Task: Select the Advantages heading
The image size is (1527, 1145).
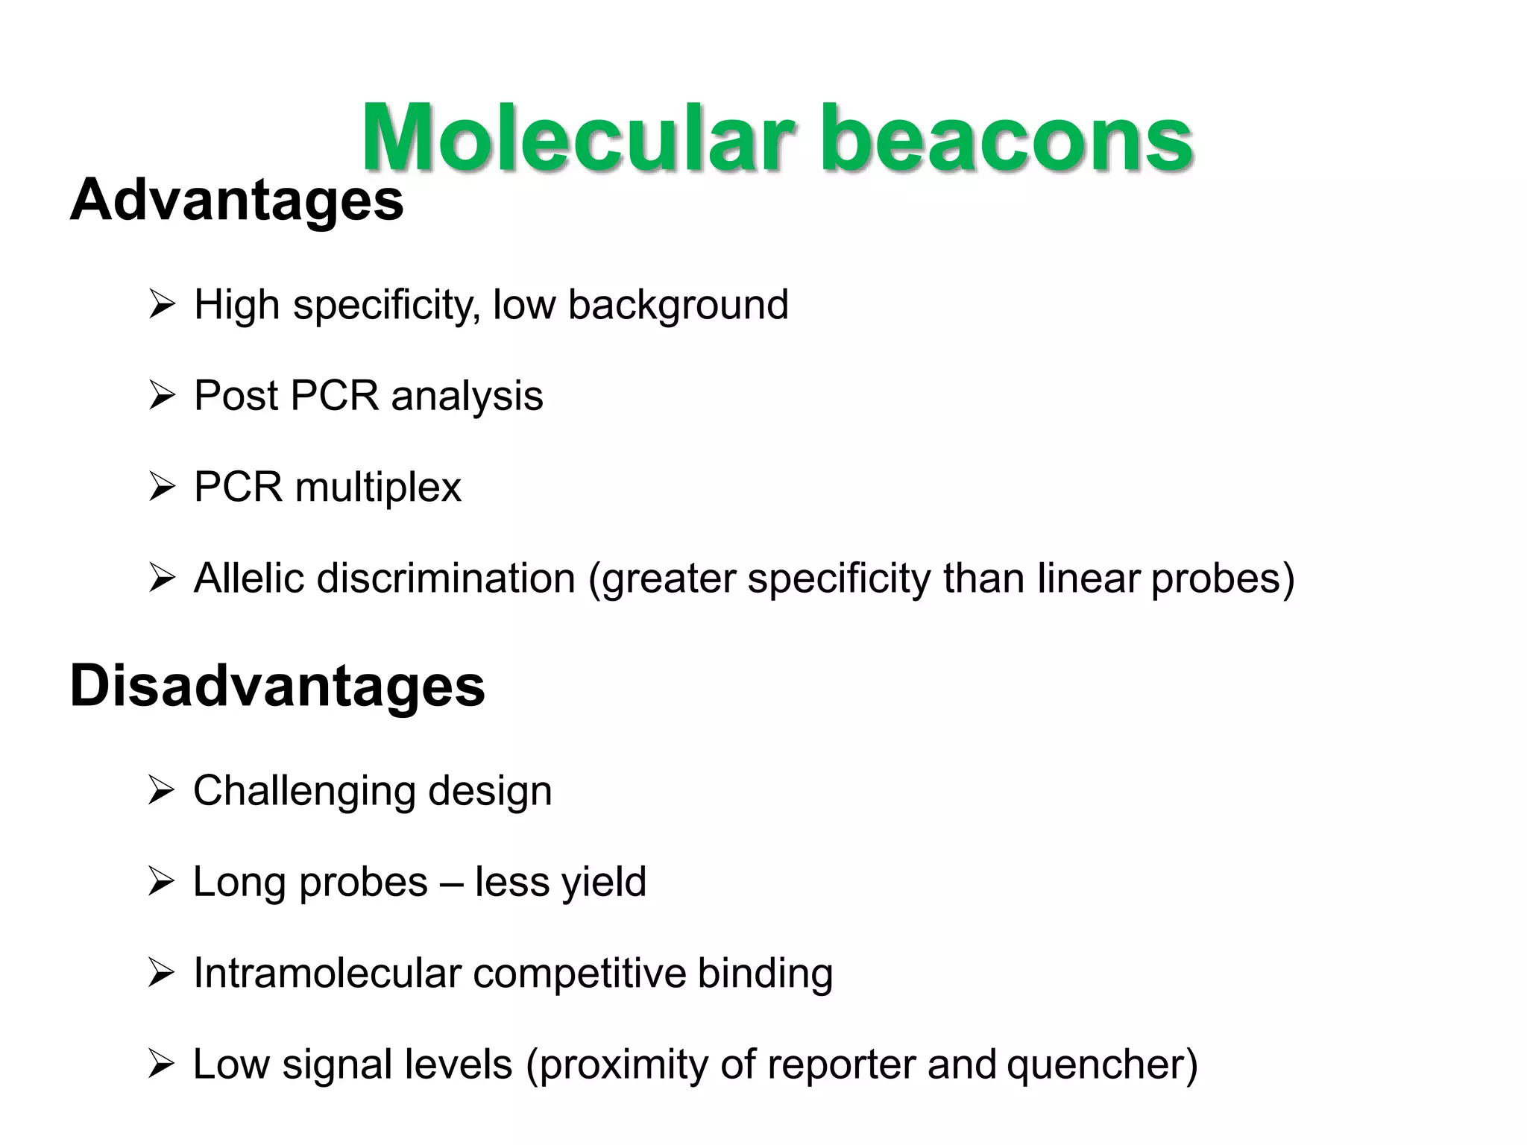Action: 236,200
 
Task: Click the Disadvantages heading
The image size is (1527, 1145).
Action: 277,686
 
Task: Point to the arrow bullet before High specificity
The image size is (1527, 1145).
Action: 161,305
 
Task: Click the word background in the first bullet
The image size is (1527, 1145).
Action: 678,305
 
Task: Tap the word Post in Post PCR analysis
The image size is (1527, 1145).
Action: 235,395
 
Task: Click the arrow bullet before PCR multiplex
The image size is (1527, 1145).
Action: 161,488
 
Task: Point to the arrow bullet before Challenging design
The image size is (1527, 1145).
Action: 161,790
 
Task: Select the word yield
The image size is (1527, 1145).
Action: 603,883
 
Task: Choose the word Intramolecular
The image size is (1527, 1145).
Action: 326,973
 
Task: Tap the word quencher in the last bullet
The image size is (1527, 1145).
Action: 1101,1064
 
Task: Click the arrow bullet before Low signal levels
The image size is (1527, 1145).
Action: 161,1064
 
